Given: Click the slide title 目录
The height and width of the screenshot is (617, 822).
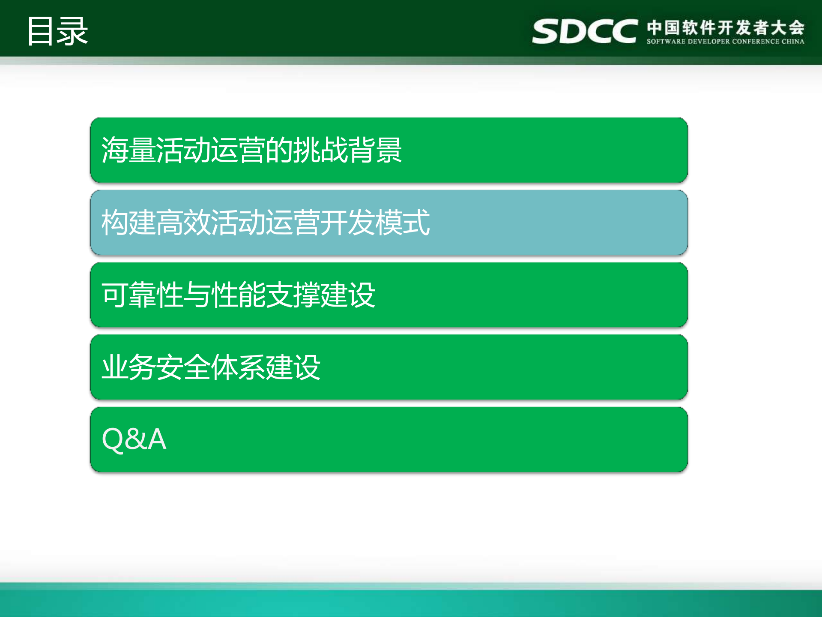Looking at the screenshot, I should click(x=57, y=31).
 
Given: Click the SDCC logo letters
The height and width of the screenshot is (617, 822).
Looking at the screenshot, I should click(x=585, y=31).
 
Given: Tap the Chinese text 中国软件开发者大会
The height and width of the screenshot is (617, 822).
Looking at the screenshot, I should click(x=726, y=27).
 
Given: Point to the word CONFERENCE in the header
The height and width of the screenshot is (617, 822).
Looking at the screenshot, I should click(x=756, y=42).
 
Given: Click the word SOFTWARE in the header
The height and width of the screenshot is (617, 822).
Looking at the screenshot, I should click(x=666, y=42).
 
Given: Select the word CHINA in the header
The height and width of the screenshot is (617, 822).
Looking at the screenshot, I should click(x=793, y=42).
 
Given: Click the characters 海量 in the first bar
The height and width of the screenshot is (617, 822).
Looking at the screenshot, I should click(x=128, y=150).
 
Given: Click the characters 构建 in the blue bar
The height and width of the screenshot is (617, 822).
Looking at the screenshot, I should click(x=128, y=223).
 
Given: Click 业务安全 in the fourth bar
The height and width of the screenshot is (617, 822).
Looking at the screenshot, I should click(x=156, y=367).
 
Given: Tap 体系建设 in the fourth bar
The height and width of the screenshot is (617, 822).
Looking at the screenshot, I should click(x=266, y=367).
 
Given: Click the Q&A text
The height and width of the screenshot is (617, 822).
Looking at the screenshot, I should click(x=134, y=439).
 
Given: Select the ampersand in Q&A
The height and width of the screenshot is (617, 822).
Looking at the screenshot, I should click(x=135, y=439).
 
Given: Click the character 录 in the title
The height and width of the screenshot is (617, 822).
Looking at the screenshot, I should click(x=73, y=31).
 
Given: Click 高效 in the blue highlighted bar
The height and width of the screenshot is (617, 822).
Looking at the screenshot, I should click(x=183, y=223).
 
